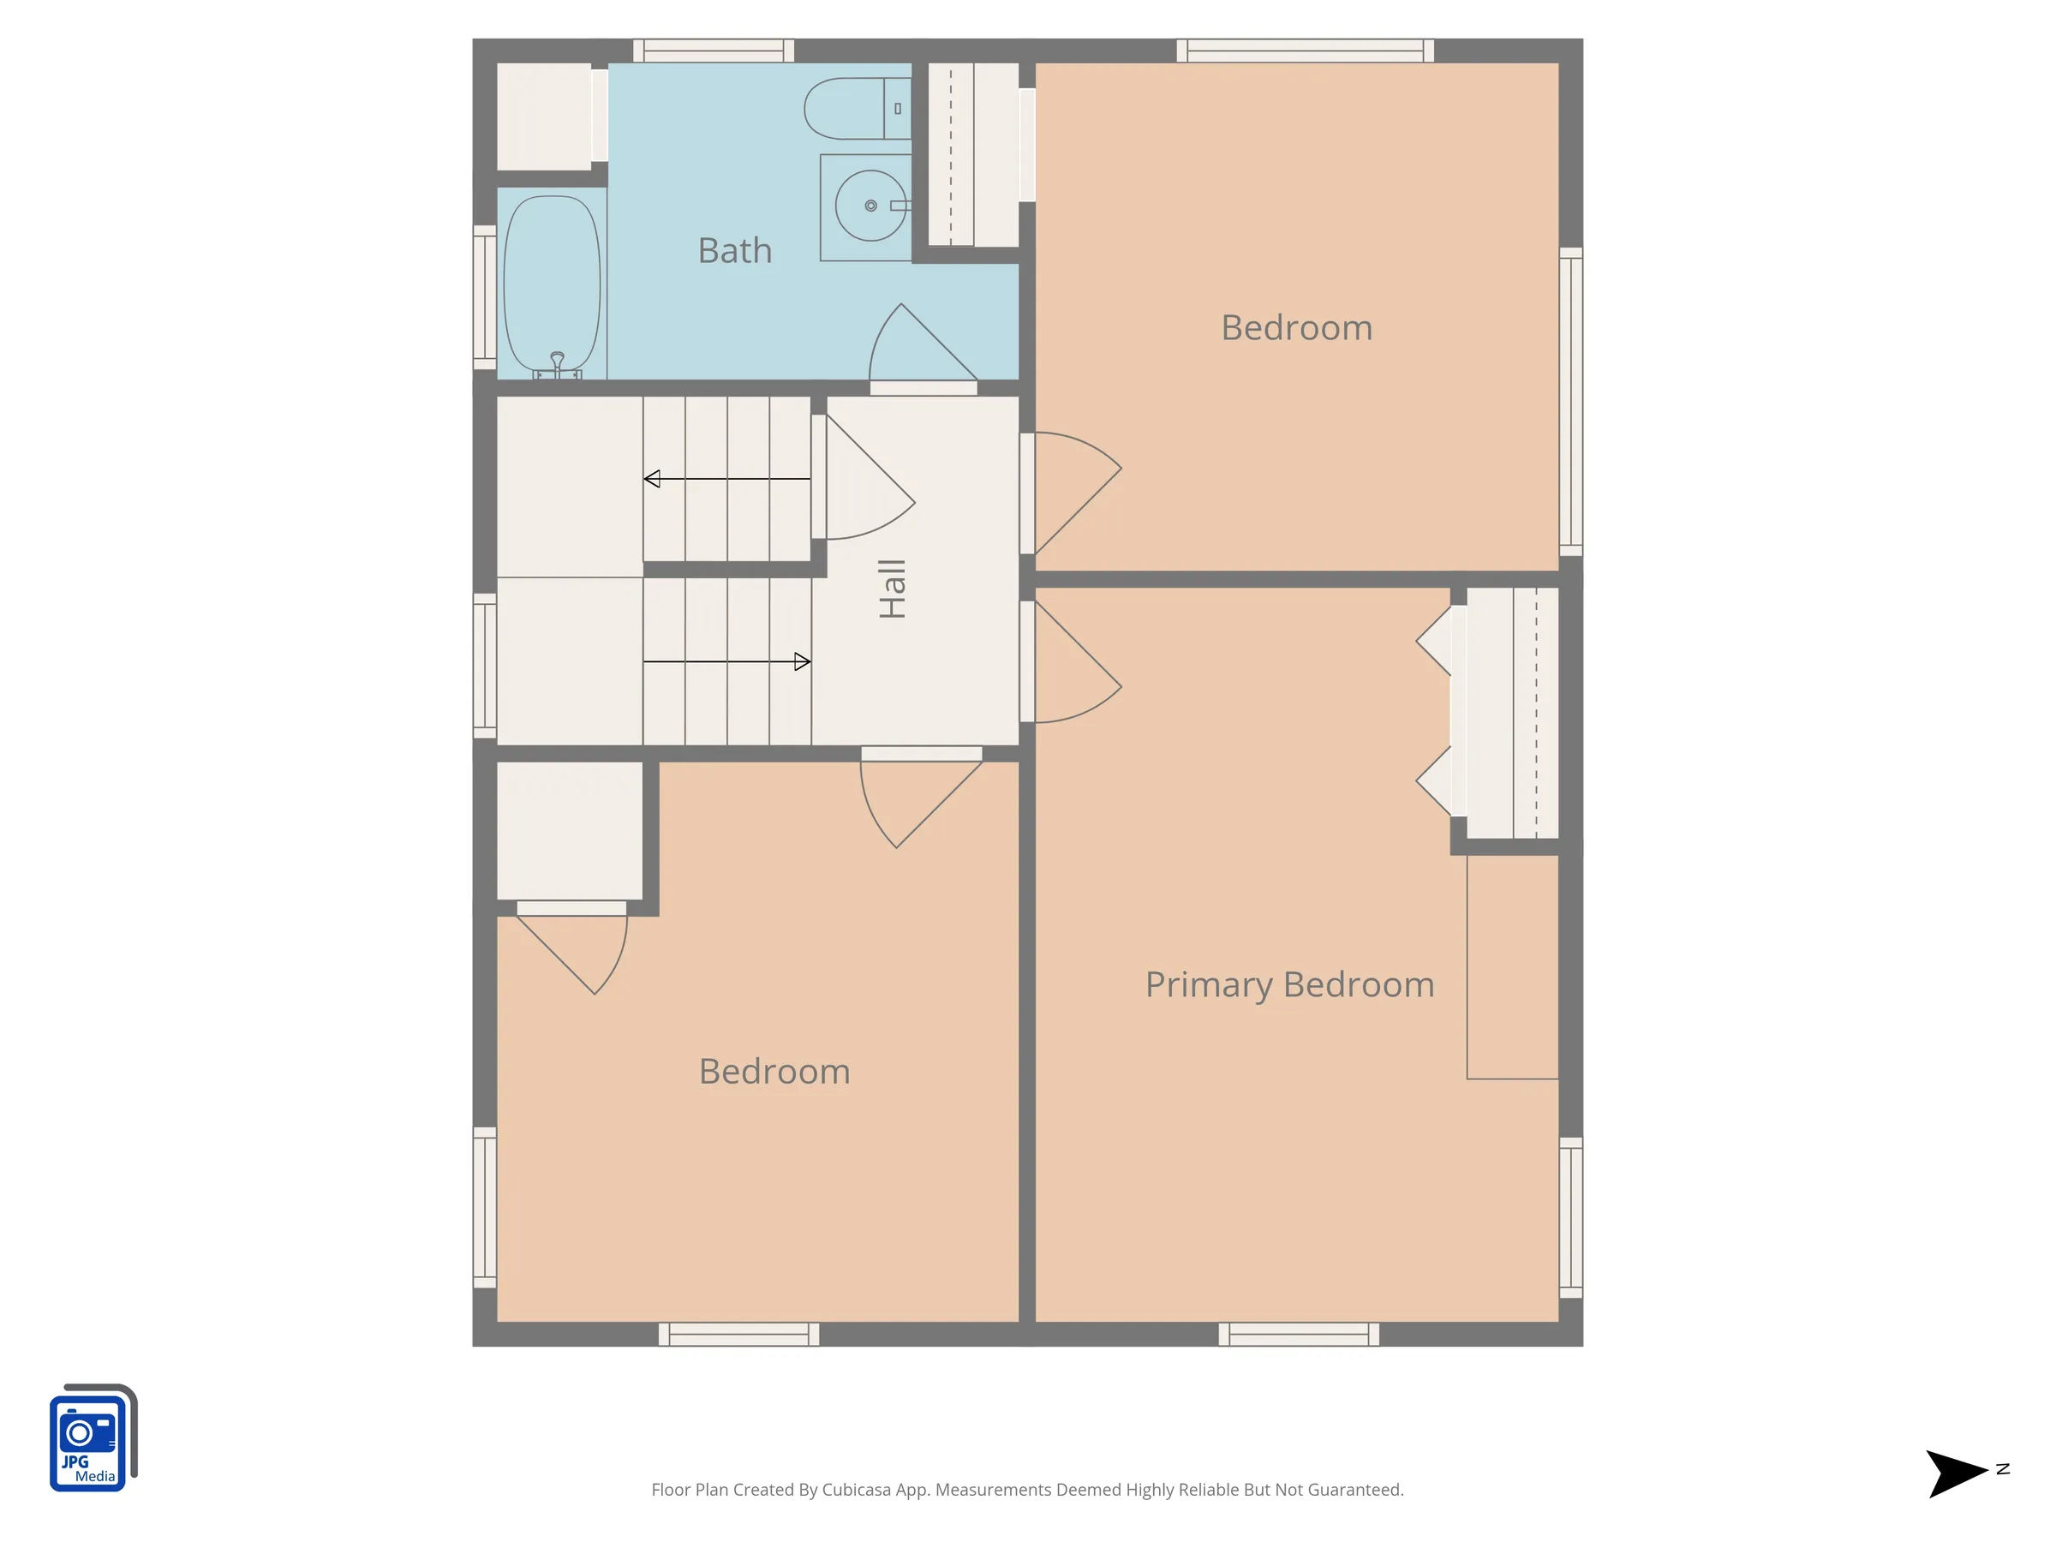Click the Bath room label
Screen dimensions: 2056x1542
coord(734,251)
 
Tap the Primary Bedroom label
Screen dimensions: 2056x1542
coord(1289,985)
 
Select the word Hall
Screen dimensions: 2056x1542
coord(893,589)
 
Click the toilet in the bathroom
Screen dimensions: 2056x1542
coord(857,109)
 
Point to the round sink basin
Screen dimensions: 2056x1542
coord(871,206)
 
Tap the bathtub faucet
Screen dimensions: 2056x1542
coord(558,363)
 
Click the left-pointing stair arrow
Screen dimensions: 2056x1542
coord(726,479)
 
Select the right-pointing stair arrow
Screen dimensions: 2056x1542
coord(726,662)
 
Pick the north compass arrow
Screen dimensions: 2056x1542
coord(1957,1473)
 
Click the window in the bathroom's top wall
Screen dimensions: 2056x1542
coord(714,51)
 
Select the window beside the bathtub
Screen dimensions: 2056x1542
coord(484,297)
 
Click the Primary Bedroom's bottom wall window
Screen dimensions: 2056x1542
coord(1299,1335)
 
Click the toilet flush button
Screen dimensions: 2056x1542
coord(898,109)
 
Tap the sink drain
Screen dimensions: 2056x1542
coord(871,206)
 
